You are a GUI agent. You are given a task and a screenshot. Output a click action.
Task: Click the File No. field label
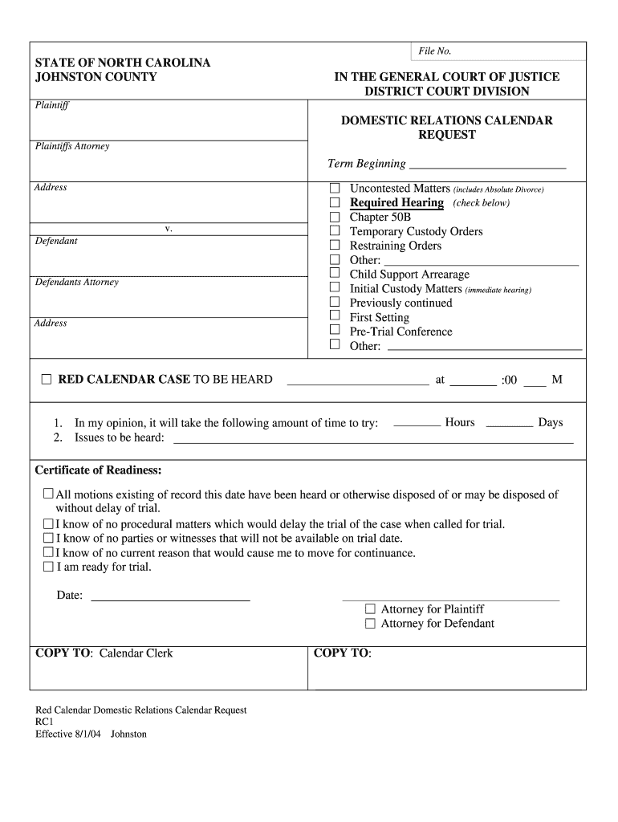click(435, 51)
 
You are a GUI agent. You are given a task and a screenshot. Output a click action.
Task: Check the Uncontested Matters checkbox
click(335, 189)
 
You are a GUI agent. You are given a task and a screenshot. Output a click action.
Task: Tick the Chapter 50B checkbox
click(335, 218)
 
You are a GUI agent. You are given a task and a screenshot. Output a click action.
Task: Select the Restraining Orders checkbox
click(335, 246)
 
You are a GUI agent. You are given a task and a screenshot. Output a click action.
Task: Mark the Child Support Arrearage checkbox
click(335, 275)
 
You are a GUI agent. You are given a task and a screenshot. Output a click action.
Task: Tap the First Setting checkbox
click(335, 317)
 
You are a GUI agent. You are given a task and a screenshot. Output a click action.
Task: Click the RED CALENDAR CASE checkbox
click(47, 380)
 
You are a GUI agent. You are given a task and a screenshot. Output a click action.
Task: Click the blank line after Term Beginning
click(487, 167)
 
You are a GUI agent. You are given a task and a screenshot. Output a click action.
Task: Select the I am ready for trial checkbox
click(48, 567)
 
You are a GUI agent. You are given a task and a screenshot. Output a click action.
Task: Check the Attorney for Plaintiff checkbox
click(370, 609)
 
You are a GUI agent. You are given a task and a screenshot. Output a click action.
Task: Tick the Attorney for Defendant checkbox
click(370, 624)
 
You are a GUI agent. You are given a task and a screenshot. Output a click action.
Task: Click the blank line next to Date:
click(170, 598)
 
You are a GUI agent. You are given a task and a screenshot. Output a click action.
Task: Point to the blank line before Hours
click(417, 425)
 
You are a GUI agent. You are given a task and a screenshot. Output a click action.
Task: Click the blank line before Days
click(509, 425)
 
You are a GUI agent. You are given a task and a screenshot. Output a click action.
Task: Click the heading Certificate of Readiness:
click(98, 470)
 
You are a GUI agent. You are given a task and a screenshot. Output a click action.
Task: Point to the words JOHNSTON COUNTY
click(96, 77)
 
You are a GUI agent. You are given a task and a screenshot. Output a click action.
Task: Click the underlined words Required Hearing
click(396, 203)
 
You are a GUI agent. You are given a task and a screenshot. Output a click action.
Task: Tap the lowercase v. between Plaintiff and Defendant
click(169, 229)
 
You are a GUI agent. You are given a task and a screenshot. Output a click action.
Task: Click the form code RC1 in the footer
click(44, 722)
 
